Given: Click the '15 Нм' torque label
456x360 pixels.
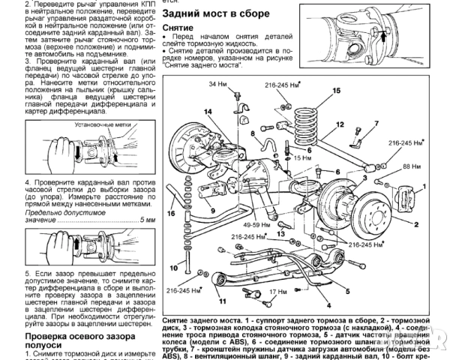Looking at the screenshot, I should tap(304, 158).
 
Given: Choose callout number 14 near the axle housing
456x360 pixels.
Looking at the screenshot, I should tap(207, 112).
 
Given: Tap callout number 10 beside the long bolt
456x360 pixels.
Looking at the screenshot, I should tap(174, 267).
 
